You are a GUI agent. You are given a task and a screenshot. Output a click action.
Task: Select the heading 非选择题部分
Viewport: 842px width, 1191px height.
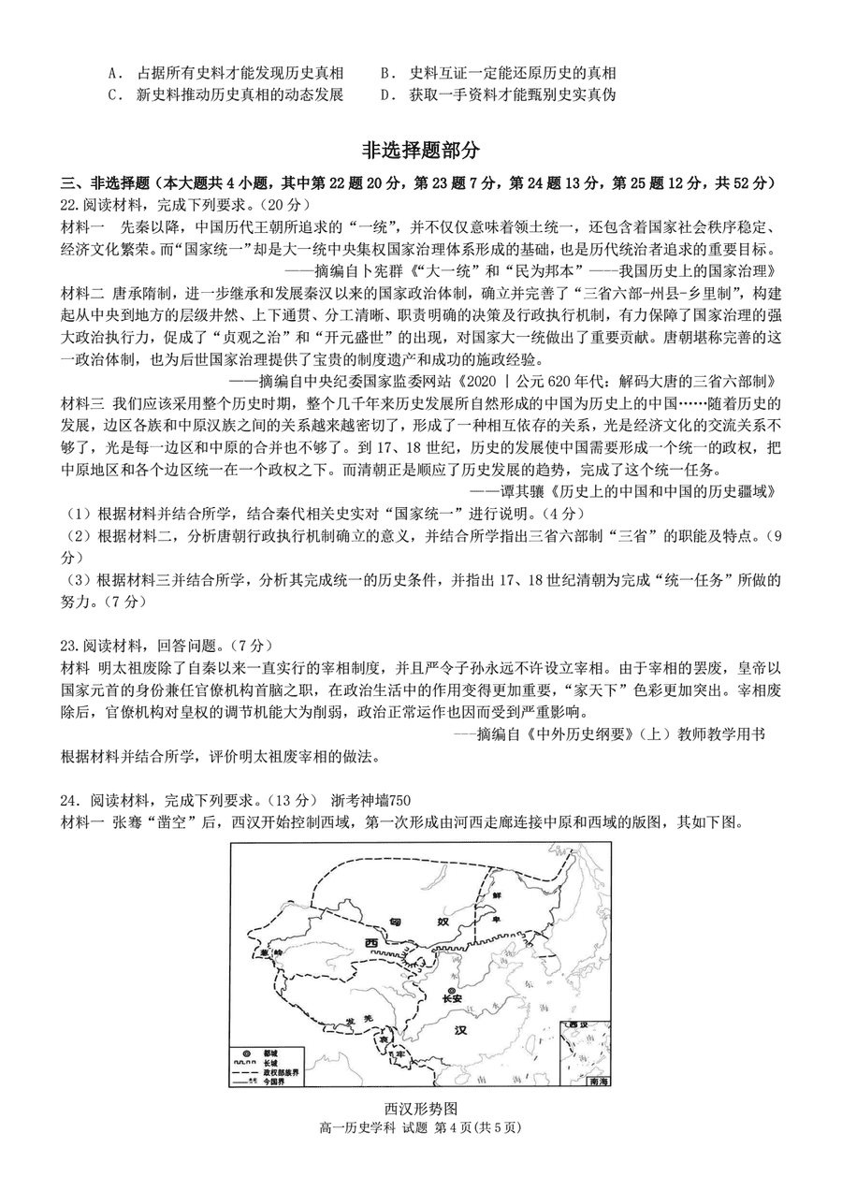tap(420, 150)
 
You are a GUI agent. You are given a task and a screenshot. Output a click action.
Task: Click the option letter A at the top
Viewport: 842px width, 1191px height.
tap(113, 72)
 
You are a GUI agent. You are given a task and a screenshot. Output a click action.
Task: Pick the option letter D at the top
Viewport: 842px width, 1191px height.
tap(385, 94)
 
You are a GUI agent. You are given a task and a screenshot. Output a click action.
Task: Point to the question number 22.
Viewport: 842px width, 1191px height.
tap(68, 205)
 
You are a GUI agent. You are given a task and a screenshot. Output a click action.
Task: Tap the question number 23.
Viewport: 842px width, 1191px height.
tap(68, 645)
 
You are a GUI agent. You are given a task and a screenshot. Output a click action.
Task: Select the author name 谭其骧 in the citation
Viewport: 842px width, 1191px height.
tap(528, 491)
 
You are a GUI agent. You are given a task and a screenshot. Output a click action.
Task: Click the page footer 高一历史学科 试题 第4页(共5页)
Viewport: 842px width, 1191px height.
tap(420, 1127)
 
